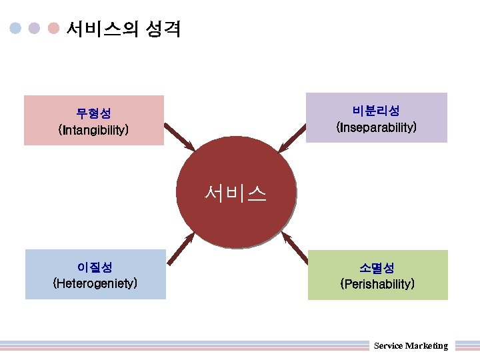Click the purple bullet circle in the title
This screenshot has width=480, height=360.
click(x=35, y=29)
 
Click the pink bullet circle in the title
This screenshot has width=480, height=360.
click(x=54, y=29)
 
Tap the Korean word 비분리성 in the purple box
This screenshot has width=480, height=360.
click(x=377, y=110)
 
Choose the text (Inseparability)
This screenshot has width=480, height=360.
click(x=377, y=126)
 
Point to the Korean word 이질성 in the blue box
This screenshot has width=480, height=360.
click(x=95, y=267)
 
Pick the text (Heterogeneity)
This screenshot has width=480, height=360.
click(x=95, y=283)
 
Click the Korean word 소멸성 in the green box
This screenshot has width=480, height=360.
click(x=377, y=268)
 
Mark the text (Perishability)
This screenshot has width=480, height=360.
click(x=377, y=284)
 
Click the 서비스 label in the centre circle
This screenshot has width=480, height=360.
click(x=236, y=193)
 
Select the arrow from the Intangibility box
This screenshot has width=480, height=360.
click(x=179, y=137)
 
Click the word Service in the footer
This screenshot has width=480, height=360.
click(x=388, y=345)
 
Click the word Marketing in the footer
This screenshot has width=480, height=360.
click(x=427, y=345)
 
